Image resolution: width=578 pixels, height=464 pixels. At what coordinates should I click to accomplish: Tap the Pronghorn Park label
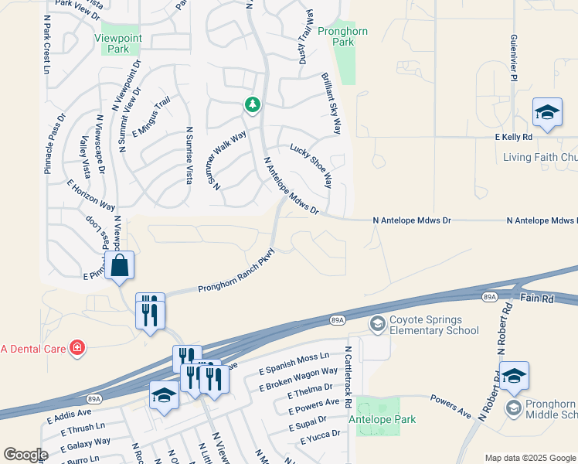click(342, 36)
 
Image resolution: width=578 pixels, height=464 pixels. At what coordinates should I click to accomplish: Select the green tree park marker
click(252, 104)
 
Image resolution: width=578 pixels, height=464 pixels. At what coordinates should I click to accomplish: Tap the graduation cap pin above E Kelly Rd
click(547, 114)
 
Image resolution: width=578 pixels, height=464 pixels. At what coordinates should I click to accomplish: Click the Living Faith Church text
click(539, 157)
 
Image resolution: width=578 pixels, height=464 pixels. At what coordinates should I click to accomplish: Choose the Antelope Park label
click(383, 419)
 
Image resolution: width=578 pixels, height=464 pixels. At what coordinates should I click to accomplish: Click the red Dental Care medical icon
click(76, 348)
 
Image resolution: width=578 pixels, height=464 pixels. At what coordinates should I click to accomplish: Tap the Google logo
click(25, 455)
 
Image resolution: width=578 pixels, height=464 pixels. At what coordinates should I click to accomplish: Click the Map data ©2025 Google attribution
click(529, 459)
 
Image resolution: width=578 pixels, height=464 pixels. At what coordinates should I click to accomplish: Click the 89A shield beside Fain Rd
click(488, 296)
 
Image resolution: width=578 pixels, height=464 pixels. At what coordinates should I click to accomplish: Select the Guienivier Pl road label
click(513, 57)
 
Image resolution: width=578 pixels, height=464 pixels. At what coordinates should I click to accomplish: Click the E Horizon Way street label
click(90, 195)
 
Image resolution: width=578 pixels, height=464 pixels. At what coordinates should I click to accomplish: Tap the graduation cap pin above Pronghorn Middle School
click(514, 375)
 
